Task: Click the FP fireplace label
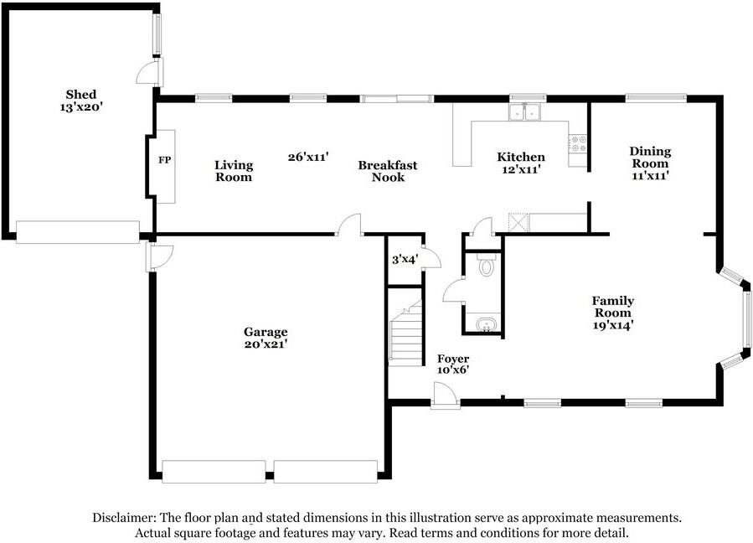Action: click(x=164, y=159)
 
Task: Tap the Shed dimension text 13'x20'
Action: click(x=81, y=107)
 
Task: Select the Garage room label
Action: click(x=266, y=332)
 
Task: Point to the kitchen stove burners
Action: click(x=578, y=143)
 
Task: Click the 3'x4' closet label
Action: click(x=404, y=260)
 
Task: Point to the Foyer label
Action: click(x=453, y=359)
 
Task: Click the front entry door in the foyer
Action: click(x=445, y=396)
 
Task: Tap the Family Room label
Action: click(x=612, y=306)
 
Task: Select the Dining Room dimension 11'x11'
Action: click(x=650, y=176)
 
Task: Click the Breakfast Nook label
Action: click(x=387, y=171)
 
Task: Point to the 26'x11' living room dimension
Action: click(x=307, y=157)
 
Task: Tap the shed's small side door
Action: click(x=148, y=73)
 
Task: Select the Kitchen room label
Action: click(x=520, y=157)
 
